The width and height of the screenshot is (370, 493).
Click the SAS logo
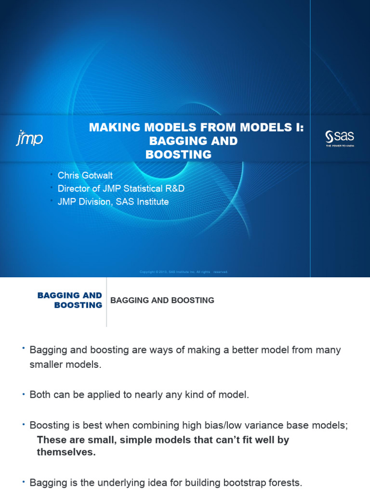tap(340, 138)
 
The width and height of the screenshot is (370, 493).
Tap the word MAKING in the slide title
tap(112, 128)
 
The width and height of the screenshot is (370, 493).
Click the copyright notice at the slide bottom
tap(183, 272)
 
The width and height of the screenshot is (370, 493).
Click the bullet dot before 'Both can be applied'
tap(23, 395)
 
